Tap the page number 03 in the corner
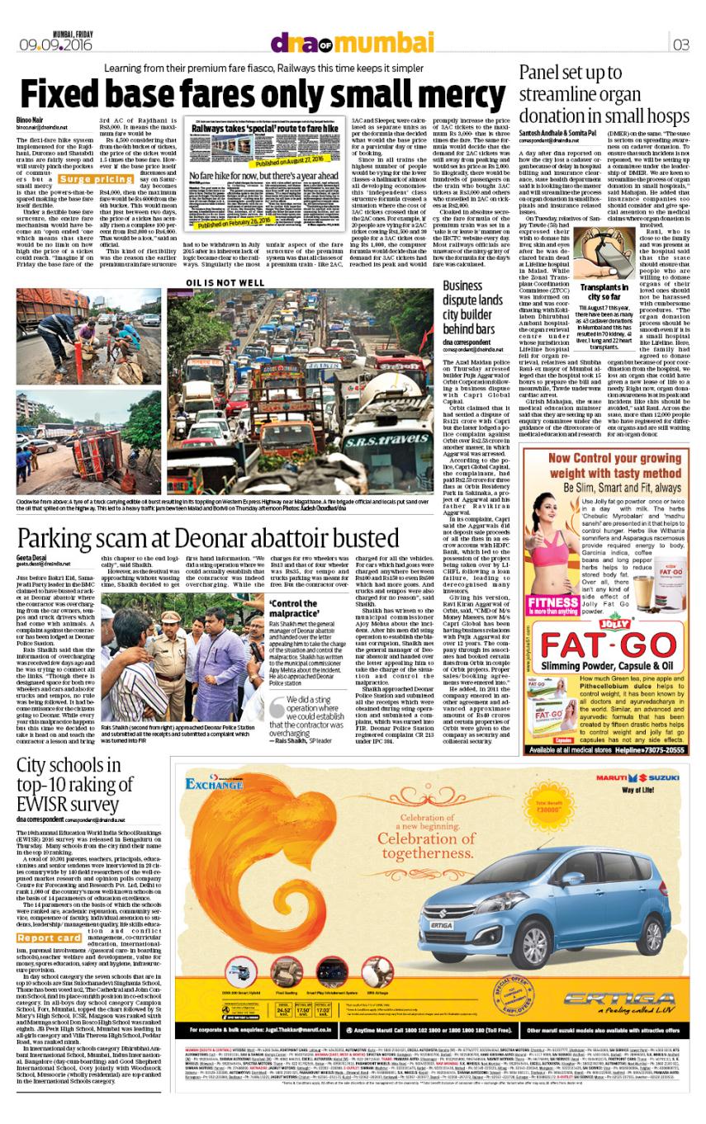pos(683,44)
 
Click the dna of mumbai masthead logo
pos(353,42)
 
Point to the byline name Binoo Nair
pos(30,120)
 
